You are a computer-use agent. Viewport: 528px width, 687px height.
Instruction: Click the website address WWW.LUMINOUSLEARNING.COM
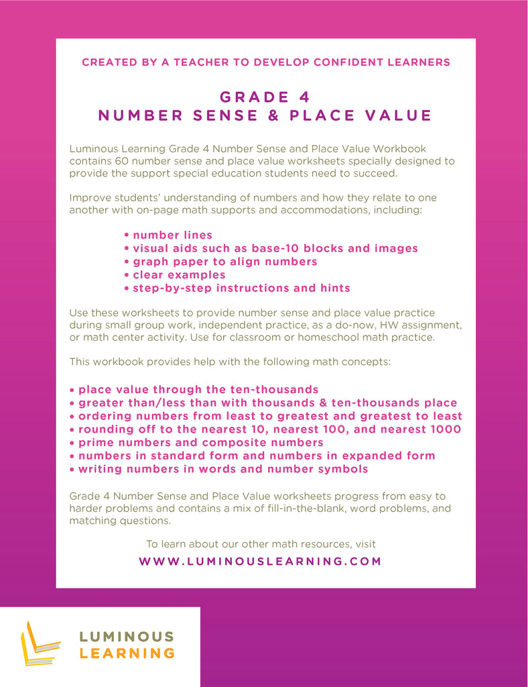pyautogui.click(x=260, y=562)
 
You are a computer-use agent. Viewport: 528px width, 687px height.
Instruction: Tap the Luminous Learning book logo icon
pyautogui.click(x=40, y=643)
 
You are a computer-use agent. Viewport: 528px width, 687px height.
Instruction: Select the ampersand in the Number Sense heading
pyautogui.click(x=273, y=115)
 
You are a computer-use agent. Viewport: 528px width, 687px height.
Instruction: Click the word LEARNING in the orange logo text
pyautogui.click(x=127, y=653)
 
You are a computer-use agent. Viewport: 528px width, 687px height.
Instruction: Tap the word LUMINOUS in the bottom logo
pyautogui.click(x=127, y=636)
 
